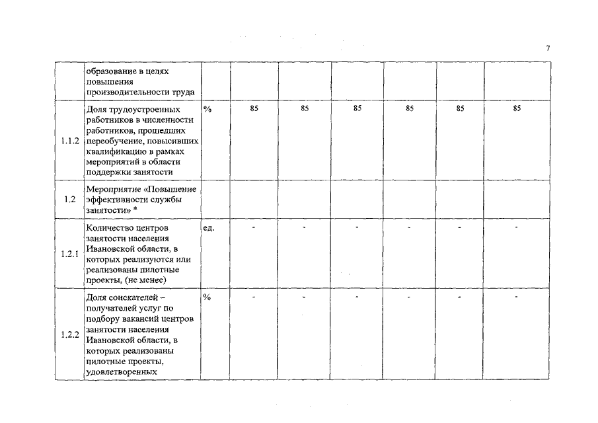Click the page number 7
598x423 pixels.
coord(548,48)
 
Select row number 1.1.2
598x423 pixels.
coord(69,141)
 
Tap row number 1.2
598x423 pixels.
coord(69,199)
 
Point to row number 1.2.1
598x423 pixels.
coord(69,254)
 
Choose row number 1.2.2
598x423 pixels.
coord(69,334)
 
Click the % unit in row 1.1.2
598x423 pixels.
coord(207,109)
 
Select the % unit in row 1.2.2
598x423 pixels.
coord(207,297)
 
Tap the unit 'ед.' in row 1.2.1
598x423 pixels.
coord(208,228)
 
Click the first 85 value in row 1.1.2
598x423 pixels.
coord(254,108)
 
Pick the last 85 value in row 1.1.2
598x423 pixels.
coord(517,108)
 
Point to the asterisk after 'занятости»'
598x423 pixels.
coord(135,210)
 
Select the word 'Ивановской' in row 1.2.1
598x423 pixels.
coord(111,249)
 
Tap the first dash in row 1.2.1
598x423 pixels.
coord(254,227)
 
